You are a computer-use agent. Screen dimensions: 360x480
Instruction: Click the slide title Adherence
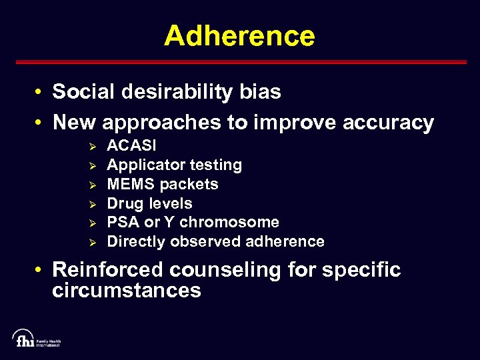[x=239, y=36]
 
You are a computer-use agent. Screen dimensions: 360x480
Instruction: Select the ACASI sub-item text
[x=131, y=145]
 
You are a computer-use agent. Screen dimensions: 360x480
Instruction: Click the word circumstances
[x=126, y=291]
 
